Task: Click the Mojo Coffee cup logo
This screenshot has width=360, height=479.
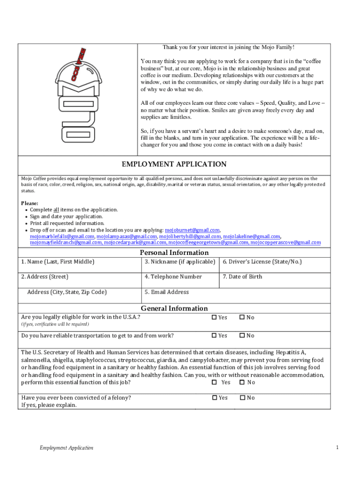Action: point(78,96)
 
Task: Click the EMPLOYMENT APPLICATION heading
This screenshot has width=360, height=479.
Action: point(174,164)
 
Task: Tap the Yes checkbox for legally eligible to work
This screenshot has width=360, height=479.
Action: point(215,317)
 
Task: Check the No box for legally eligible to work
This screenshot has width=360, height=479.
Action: point(242,317)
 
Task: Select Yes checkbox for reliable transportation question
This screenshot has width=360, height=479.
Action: point(215,335)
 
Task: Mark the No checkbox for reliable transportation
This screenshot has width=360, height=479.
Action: point(242,335)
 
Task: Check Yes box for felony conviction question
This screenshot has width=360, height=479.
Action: point(215,398)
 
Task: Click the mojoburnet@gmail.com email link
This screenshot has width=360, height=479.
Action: point(192,230)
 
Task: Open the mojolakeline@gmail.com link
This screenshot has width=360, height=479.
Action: point(251,236)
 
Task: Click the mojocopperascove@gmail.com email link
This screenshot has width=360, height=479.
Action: point(285,242)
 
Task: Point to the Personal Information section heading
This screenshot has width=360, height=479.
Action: point(174,253)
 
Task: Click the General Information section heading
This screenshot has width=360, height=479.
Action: point(174,308)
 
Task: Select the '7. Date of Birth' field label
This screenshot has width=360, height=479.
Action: point(242,276)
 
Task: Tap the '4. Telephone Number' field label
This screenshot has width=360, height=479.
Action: point(173,276)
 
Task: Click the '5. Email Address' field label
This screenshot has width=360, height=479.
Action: point(166,292)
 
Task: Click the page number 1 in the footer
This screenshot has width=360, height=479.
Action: point(337,448)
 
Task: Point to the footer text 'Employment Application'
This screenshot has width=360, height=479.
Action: point(66,448)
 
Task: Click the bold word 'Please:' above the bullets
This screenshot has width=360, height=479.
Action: point(29,203)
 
